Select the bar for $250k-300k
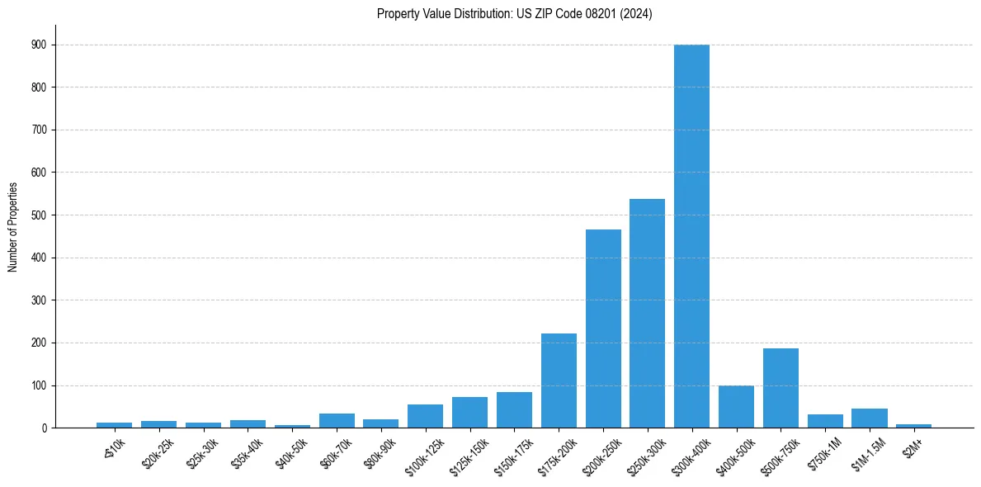tap(647, 314)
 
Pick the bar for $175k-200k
tap(559, 381)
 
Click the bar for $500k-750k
tap(781, 388)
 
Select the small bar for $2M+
tap(913, 426)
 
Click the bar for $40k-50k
tap(292, 426)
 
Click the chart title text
tap(514, 14)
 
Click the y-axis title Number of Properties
tap(13, 227)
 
